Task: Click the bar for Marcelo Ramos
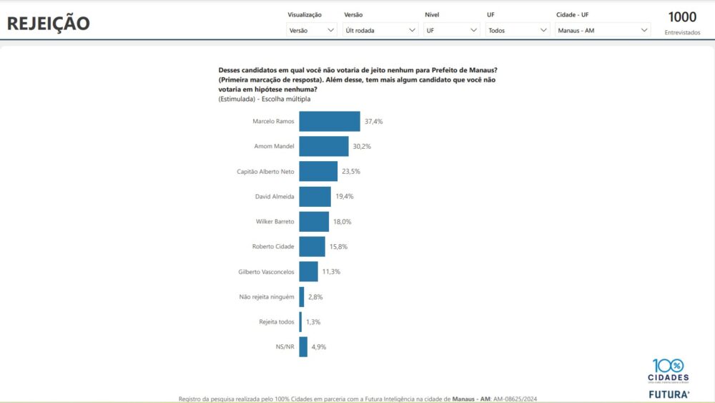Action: [329, 122]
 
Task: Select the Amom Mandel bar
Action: [323, 147]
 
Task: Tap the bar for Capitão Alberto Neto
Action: [317, 172]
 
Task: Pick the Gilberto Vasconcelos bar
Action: [308, 272]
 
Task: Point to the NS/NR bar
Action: [303, 347]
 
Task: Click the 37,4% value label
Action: [373, 122]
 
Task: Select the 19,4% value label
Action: [345, 197]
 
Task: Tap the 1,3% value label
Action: [313, 322]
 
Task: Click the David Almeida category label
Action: [275, 197]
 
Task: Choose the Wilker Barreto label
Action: [275, 222]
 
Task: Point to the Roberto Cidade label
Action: [273, 247]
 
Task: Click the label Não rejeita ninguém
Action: [267, 297]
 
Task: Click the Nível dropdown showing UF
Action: [452, 30]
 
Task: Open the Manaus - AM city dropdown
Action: [603, 30]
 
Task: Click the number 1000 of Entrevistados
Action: [682, 17]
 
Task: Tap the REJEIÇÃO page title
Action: [49, 24]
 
